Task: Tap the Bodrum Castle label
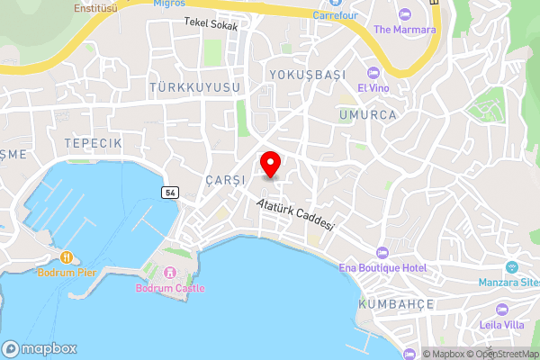[170, 288]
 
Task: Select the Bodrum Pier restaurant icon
[67, 257]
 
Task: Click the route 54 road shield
[169, 193]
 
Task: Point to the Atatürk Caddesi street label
[295, 215]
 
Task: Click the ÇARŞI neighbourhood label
[224, 179]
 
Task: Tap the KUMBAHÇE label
[397, 304]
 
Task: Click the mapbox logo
[40, 349]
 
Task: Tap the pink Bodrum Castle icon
[170, 273]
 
